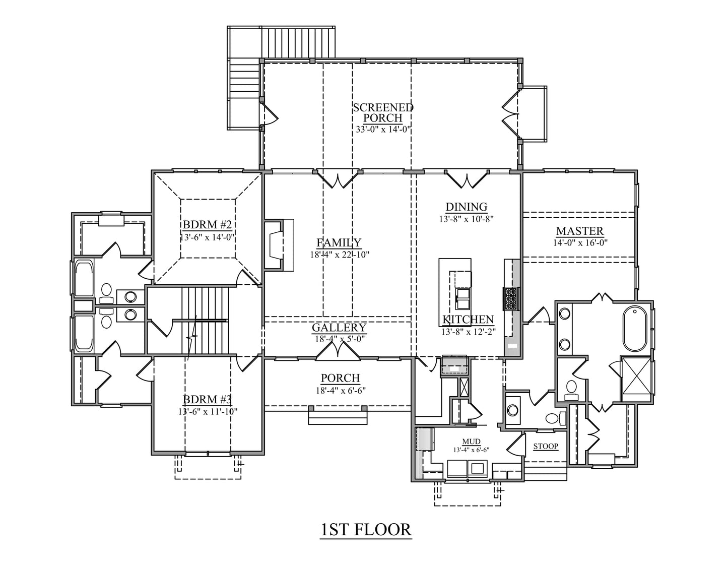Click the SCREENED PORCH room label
click(x=383, y=112)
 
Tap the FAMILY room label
click(x=339, y=242)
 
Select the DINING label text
click(x=467, y=207)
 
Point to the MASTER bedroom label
click(x=580, y=231)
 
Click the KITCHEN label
click(x=468, y=320)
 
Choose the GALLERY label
click(x=339, y=328)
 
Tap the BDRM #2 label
click(x=207, y=224)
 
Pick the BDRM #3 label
click(x=207, y=400)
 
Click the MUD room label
click(x=472, y=442)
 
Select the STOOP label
click(x=546, y=446)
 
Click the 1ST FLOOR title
click(x=366, y=530)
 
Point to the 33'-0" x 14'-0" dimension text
click(x=383, y=130)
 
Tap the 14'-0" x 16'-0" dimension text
click(x=580, y=242)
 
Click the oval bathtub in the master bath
click(x=635, y=329)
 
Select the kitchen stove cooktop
click(x=510, y=298)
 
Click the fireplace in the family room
click(x=279, y=245)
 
